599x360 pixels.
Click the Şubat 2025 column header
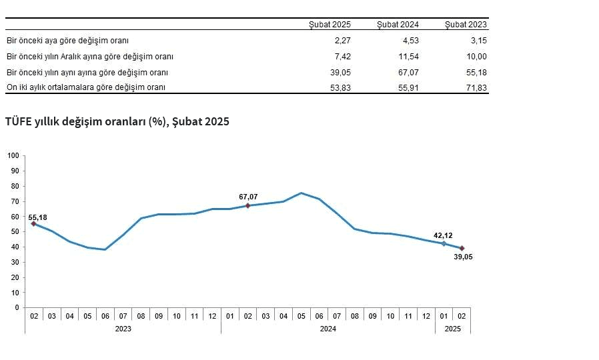tap(330, 25)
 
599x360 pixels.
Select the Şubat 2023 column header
tap(466, 25)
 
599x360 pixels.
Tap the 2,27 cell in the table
tap(341, 41)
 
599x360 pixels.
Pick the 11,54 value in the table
tap(406, 57)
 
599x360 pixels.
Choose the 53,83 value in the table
tap(339, 87)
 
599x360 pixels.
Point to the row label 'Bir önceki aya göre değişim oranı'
tap(67, 41)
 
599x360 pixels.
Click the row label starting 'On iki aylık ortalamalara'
tap(85, 87)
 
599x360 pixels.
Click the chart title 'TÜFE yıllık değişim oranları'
tap(117, 122)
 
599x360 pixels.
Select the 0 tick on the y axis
tap(18, 307)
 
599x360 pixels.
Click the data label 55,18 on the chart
tap(38, 217)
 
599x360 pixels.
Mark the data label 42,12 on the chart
tap(444, 235)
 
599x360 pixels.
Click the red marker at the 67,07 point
tap(247, 205)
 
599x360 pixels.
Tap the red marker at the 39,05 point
tap(462, 248)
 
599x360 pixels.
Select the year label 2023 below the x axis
tap(123, 329)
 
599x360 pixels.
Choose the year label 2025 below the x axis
tap(452, 329)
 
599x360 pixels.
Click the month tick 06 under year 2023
tap(105, 315)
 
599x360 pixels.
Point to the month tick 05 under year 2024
tap(301, 315)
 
